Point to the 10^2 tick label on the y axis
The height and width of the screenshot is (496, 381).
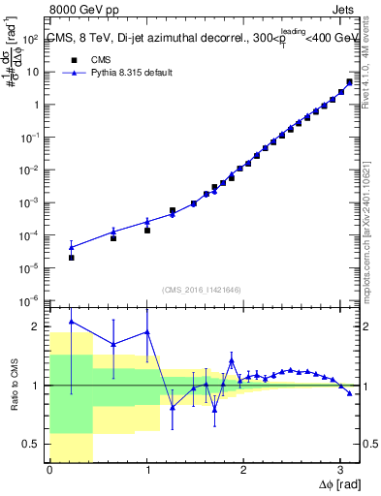[31, 39]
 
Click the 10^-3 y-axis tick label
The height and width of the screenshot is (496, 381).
[30, 202]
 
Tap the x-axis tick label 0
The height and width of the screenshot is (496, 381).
[49, 470]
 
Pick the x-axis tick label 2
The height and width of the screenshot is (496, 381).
[242, 470]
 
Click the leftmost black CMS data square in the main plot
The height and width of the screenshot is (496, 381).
[72, 258]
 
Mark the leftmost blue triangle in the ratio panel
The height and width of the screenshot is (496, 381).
[72, 322]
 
